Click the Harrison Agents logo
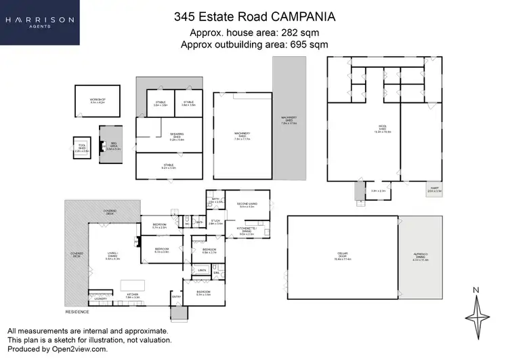[40, 22]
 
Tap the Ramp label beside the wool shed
[434, 191]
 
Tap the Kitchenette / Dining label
[247, 232]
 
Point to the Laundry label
[101, 298]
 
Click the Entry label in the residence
[176, 296]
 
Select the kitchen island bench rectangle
[131, 285]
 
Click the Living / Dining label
[113, 258]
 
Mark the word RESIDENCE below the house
[77, 312]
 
